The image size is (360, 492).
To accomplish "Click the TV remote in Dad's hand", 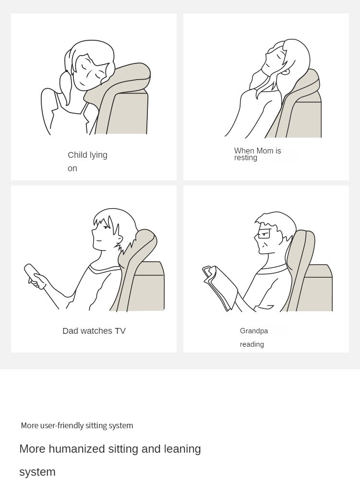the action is (34, 275).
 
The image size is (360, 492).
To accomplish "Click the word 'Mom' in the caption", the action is (265, 151).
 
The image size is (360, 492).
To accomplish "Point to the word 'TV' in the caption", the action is (120, 331).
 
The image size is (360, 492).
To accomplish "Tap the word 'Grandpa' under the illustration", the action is (254, 331).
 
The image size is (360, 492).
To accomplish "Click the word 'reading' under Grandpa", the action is (252, 344).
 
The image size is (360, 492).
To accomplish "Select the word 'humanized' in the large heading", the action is (77, 449).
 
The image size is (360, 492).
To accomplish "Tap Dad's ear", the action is (120, 240).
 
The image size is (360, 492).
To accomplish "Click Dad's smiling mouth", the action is (98, 241).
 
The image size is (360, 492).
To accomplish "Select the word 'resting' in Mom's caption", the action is (246, 158).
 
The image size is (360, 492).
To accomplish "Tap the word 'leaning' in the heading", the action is (182, 449).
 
